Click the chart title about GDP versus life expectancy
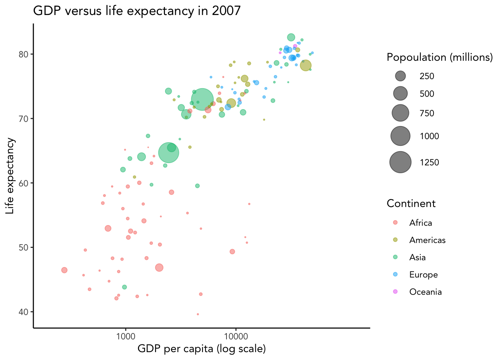point(137,10)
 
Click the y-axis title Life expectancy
point(10,176)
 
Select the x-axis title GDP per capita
point(201,349)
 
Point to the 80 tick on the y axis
point(24,54)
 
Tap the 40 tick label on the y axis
point(24,312)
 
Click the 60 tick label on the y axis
point(24,183)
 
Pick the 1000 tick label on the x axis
point(125,336)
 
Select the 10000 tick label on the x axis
point(235,336)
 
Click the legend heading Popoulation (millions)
point(439,57)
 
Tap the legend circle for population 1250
point(400,162)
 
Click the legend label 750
point(427,113)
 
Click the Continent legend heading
point(411,203)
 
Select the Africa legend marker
point(395,223)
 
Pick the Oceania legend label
point(425,292)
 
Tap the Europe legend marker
point(395,274)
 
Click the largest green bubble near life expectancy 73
point(202,100)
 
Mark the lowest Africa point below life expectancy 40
point(198,314)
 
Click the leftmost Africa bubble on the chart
point(64,270)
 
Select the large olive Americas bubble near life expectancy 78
point(306,65)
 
